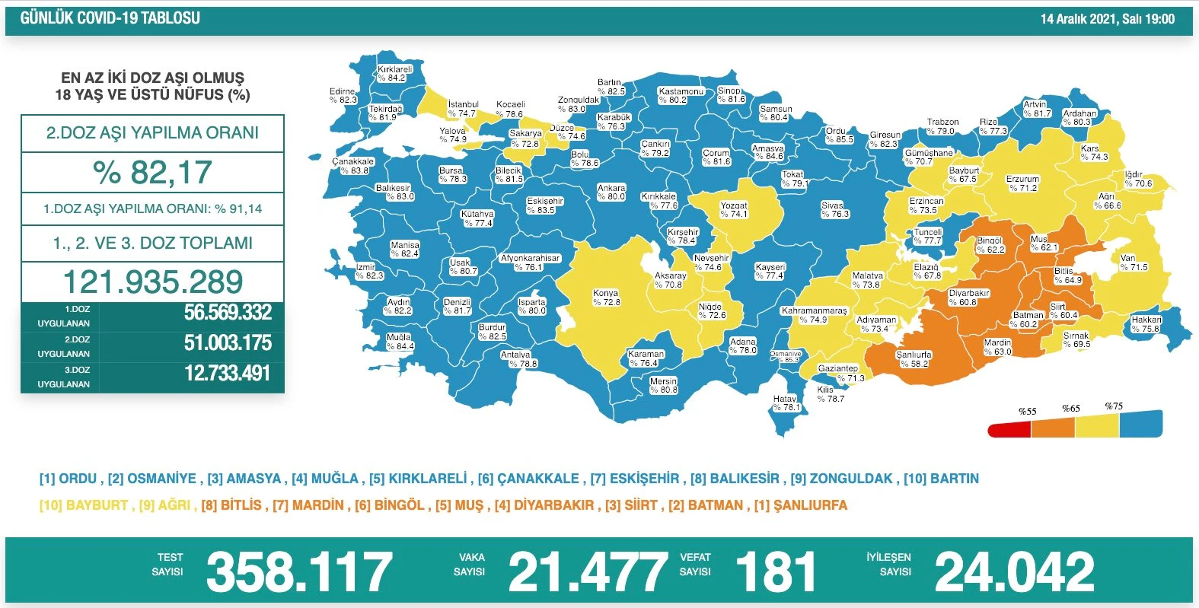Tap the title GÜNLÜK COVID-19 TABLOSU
pyautogui.click(x=110, y=18)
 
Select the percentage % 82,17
pyautogui.click(x=152, y=173)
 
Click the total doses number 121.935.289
pyautogui.click(x=152, y=282)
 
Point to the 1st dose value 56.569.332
pyautogui.click(x=227, y=313)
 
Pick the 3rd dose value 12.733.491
pyautogui.click(x=227, y=374)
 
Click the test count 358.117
pyautogui.click(x=298, y=572)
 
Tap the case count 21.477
pyautogui.click(x=587, y=572)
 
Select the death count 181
pyautogui.click(x=776, y=572)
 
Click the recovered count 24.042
pyautogui.click(x=1014, y=572)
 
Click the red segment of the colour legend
pyautogui.click(x=1009, y=431)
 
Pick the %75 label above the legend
pyautogui.click(x=1114, y=406)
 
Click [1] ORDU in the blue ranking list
pyautogui.click(x=68, y=479)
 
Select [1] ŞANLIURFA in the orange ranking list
pyautogui.click(x=800, y=505)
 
